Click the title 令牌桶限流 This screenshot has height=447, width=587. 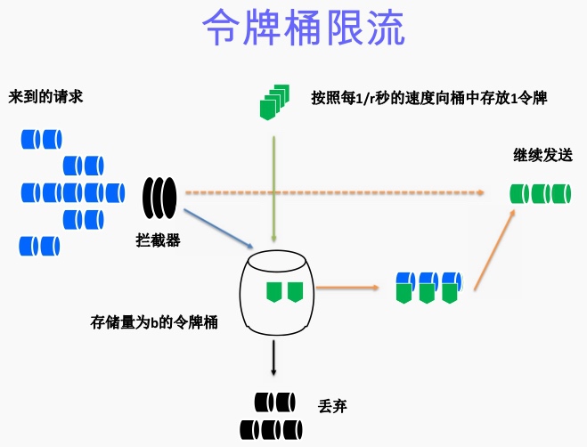pyautogui.click(x=303, y=29)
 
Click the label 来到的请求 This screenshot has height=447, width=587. pyautogui.click(x=45, y=96)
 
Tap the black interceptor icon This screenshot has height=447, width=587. pyautogui.click(x=160, y=197)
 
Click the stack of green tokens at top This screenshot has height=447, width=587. pyautogui.click(x=274, y=101)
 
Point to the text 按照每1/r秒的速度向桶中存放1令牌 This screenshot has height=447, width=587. pyautogui.click(x=428, y=97)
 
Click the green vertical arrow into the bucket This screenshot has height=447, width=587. pyautogui.click(x=274, y=187)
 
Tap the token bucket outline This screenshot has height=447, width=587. pyautogui.click(x=277, y=289)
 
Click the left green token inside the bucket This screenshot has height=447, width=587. pyautogui.click(x=273, y=290)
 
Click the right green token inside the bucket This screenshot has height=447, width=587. pyautogui.click(x=295, y=290)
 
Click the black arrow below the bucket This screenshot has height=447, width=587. pyautogui.click(x=274, y=359)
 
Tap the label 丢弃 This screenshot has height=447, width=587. pyautogui.click(x=331, y=405)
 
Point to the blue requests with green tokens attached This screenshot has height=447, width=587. pyautogui.click(x=428, y=288)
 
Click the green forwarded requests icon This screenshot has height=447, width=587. pyautogui.click(x=540, y=192)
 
